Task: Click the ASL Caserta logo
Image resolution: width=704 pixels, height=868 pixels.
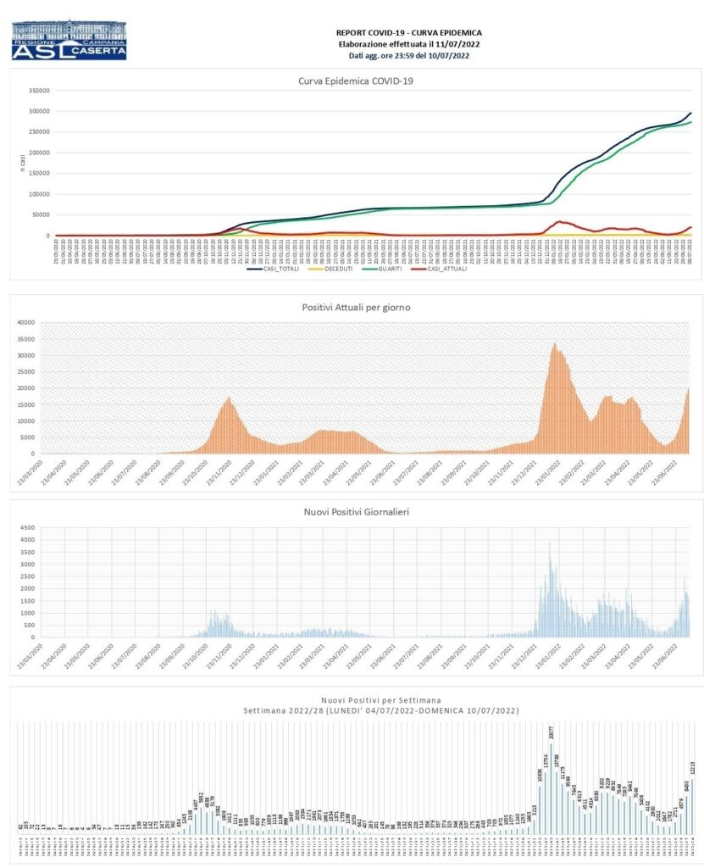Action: (x=69, y=40)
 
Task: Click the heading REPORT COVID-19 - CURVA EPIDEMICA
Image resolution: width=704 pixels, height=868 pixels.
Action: (x=410, y=32)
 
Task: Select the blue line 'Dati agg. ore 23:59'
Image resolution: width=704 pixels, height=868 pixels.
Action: (x=410, y=55)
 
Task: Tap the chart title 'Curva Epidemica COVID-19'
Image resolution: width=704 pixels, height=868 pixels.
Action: (x=356, y=81)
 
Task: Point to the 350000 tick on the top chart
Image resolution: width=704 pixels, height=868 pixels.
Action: (x=40, y=91)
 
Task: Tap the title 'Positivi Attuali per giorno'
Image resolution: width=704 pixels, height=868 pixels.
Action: (x=356, y=307)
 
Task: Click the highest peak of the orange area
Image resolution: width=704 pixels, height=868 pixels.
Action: (x=554, y=343)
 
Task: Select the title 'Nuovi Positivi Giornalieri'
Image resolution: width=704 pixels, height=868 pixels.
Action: (x=356, y=512)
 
